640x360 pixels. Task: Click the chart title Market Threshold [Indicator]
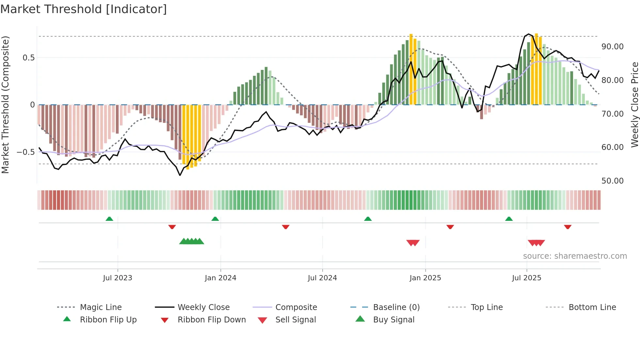(84, 9)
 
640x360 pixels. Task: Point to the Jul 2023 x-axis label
(118, 278)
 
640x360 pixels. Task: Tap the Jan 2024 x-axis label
(220, 278)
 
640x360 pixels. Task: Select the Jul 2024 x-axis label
(322, 278)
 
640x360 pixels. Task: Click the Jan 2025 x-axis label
(425, 278)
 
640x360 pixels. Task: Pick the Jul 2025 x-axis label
(526, 278)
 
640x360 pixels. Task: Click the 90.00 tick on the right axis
(612, 47)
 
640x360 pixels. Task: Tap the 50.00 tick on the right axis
(612, 181)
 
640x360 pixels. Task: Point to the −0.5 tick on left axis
(25, 152)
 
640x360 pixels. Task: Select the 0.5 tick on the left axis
(28, 58)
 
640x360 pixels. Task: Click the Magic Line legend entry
(101, 307)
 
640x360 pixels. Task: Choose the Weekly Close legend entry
(203, 307)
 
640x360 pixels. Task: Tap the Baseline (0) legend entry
(396, 307)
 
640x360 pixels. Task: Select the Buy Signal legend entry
(393, 320)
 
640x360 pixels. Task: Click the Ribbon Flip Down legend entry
(212, 320)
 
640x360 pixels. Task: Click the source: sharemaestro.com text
(575, 256)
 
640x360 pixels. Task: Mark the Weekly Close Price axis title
(634, 105)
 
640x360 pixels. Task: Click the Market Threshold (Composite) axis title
(5, 105)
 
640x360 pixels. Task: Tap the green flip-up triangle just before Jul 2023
(109, 219)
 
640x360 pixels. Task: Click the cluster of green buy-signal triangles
(192, 242)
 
